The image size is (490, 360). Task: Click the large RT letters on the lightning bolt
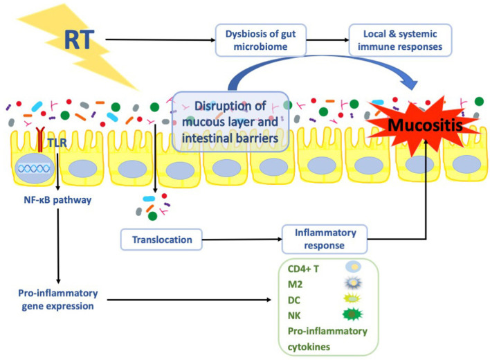point(79,39)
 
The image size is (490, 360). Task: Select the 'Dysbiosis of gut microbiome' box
point(261,40)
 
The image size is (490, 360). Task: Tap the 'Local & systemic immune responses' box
point(400,40)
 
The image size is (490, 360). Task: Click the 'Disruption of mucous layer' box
point(230,122)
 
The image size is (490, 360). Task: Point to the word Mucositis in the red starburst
point(425,125)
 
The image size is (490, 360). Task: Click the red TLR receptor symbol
point(40,139)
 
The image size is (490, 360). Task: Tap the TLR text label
point(57,143)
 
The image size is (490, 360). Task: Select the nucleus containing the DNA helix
point(35,168)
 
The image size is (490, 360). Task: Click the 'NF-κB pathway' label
point(58,200)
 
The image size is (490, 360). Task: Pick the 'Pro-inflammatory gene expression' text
point(58,300)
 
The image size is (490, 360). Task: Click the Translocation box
point(161,240)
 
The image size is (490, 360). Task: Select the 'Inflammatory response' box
point(325,239)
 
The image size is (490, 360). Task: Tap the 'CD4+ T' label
point(303,269)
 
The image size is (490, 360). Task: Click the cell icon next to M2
point(353,282)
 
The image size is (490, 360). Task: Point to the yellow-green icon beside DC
point(352,298)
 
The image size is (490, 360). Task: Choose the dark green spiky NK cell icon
point(352,314)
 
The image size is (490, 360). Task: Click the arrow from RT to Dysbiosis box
point(161,39)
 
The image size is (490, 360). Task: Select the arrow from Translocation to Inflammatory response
point(242,240)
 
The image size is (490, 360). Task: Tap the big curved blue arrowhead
point(410,82)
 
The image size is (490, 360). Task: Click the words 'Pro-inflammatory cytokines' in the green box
point(327,339)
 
